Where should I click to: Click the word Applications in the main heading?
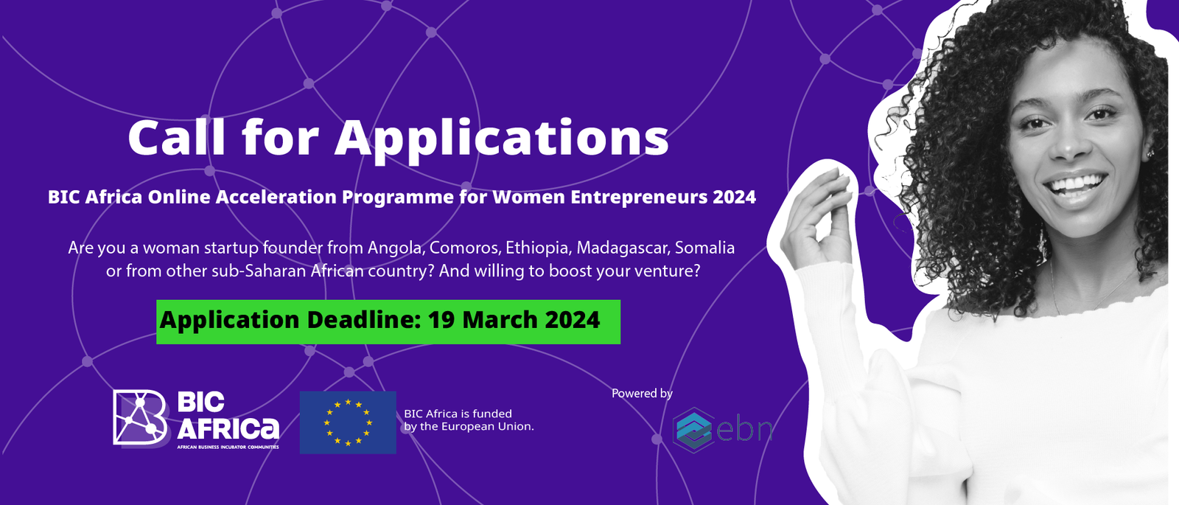(502, 138)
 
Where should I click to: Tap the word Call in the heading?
(176, 137)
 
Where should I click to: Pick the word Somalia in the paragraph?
(704, 248)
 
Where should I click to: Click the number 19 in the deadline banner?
(441, 320)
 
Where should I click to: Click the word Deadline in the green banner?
(364, 320)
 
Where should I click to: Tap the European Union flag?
(348, 422)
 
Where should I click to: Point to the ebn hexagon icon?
(693, 431)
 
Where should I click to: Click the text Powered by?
(642, 394)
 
